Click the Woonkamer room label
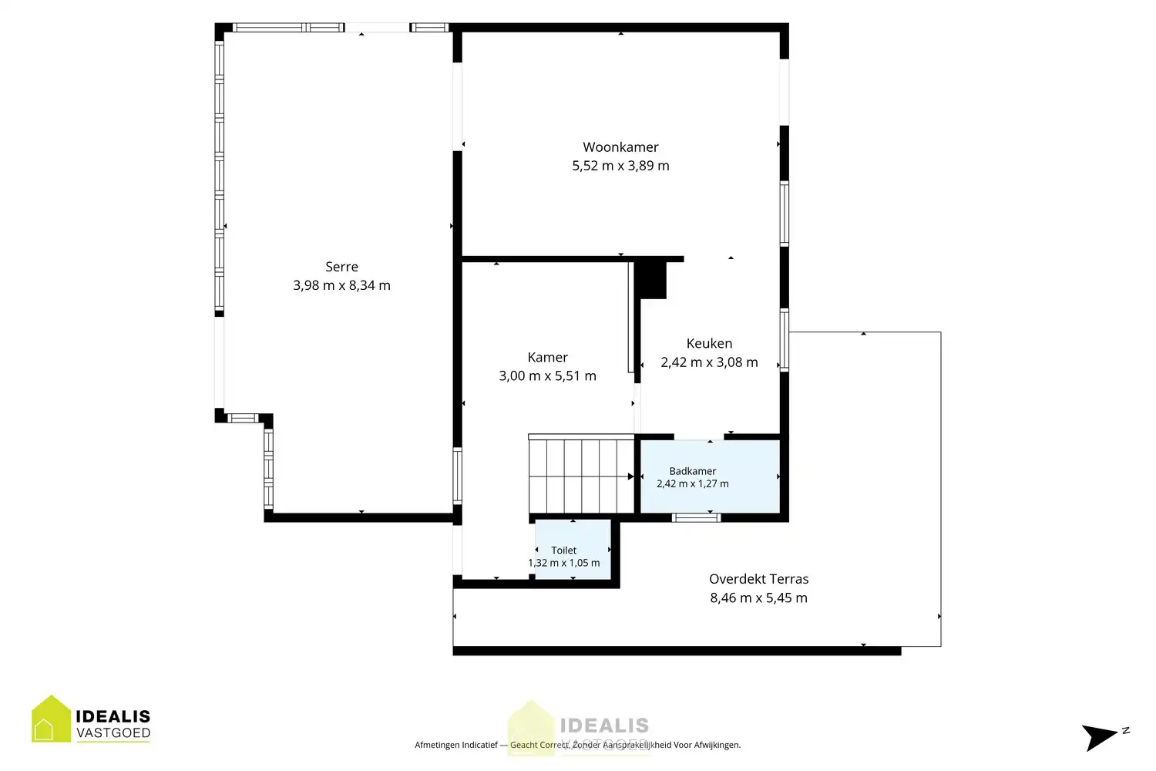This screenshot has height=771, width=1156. pyautogui.click(x=620, y=147)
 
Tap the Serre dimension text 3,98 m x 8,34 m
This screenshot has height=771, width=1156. pyautogui.click(x=341, y=285)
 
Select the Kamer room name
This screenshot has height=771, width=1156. pyautogui.click(x=547, y=357)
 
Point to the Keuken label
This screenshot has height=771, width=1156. pyautogui.click(x=709, y=343)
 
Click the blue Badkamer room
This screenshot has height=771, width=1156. pyautogui.click(x=710, y=476)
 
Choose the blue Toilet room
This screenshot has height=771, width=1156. pyautogui.click(x=573, y=550)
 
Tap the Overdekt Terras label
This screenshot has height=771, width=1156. pyautogui.click(x=758, y=579)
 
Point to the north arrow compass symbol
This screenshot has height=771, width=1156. pyautogui.click(x=1103, y=736)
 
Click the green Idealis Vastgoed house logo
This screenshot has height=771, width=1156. pyautogui.click(x=51, y=719)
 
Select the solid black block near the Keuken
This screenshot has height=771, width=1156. pyautogui.click(x=650, y=279)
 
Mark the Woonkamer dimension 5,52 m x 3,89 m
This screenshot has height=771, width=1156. pyautogui.click(x=620, y=166)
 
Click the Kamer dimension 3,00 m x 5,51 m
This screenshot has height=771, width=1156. pyautogui.click(x=547, y=376)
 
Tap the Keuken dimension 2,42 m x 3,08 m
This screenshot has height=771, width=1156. pyautogui.click(x=709, y=362)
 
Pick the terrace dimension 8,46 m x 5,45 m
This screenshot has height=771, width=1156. pyautogui.click(x=758, y=598)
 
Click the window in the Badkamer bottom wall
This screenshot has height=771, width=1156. pyautogui.click(x=696, y=517)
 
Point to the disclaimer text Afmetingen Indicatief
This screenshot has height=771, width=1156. pyautogui.click(x=456, y=745)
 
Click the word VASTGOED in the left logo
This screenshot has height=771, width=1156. pyautogui.click(x=113, y=732)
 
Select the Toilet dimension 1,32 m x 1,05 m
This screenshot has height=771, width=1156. pyautogui.click(x=563, y=563)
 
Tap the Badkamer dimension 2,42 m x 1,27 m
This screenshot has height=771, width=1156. pyautogui.click(x=693, y=484)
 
